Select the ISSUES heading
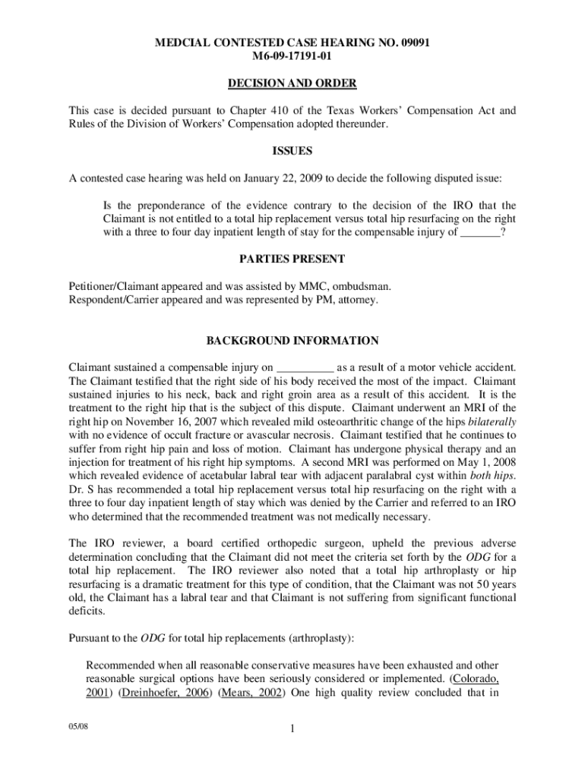click(x=292, y=151)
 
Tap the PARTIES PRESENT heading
click(x=292, y=259)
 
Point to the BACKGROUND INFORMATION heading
click(x=292, y=341)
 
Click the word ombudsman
click(x=364, y=286)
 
